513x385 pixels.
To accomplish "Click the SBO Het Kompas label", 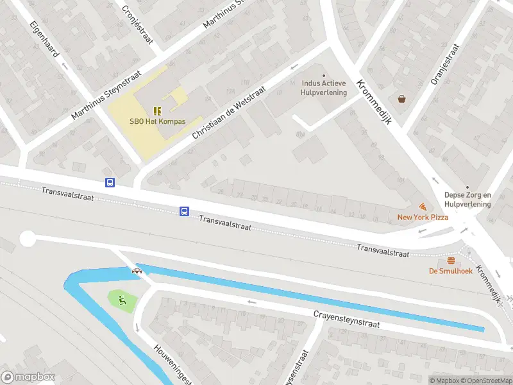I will click(158, 122).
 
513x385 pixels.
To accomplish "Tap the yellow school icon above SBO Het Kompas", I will click(158, 110).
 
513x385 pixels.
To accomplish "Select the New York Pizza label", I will click(423, 218).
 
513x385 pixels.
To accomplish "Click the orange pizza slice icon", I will click(423, 207).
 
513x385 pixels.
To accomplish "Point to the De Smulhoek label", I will click(451, 271).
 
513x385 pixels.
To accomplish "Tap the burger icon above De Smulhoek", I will click(451, 261).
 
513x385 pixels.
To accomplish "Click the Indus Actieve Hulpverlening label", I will click(324, 88).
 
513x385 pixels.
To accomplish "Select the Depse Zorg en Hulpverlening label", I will click(467, 200).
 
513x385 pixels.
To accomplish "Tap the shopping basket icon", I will click(401, 99).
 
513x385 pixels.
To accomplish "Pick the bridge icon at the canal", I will click(137, 271).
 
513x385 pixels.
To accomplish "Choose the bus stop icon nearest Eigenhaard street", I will click(110, 182).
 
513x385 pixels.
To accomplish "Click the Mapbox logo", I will click(28, 377).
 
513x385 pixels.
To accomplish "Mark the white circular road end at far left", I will click(28, 239).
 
